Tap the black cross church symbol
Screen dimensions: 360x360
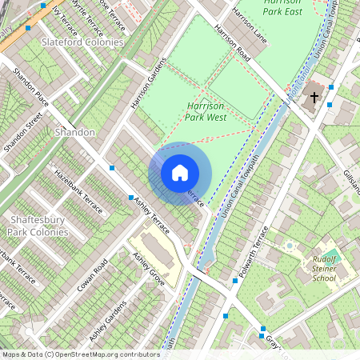click(314, 98)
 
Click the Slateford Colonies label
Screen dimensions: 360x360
click(82, 42)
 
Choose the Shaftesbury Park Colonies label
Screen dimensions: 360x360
click(38, 225)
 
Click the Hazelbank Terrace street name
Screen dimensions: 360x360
click(78, 190)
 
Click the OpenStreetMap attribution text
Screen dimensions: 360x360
click(81, 354)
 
